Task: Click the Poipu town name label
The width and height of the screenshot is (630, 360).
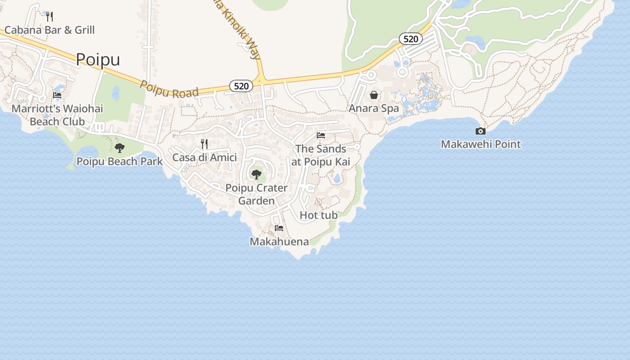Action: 98,59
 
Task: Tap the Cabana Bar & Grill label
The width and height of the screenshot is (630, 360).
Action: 49,30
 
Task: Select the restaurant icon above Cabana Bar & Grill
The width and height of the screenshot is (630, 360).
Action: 49,17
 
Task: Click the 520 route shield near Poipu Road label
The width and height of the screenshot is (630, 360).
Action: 241,86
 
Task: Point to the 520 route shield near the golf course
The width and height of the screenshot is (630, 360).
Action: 411,39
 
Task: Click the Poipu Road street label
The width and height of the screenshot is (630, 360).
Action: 169,89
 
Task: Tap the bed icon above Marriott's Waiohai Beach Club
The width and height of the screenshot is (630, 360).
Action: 57,95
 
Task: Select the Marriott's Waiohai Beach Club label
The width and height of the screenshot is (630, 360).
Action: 57,115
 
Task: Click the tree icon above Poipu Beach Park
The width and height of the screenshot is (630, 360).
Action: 119,148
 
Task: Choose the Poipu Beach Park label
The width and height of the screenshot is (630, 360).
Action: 120,161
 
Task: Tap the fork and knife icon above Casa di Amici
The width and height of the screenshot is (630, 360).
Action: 204,144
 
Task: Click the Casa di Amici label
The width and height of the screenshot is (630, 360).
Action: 204,157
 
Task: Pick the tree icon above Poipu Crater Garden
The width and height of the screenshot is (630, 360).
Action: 256,174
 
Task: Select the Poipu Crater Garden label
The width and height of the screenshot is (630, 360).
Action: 256,194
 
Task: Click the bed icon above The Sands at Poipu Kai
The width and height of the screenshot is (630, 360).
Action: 321,135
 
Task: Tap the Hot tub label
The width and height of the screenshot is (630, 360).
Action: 319,215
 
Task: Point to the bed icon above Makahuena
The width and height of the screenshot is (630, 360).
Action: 279,228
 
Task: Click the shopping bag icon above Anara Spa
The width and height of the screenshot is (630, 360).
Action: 374,95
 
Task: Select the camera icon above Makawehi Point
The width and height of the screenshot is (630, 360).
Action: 481,131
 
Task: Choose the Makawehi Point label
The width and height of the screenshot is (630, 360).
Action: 481,144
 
